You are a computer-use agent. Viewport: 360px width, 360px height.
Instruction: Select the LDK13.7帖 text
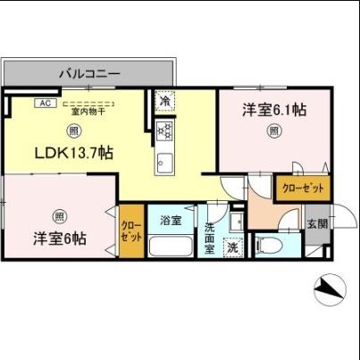click(73, 153)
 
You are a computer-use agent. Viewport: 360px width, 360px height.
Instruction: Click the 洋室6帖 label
click(61, 239)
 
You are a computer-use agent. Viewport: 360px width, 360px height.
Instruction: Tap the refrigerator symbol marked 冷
click(165, 101)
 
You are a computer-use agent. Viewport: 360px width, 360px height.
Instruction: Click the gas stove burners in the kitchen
click(165, 131)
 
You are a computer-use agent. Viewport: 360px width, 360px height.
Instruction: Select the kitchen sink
click(165, 163)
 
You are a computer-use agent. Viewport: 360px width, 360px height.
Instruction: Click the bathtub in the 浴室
click(170, 246)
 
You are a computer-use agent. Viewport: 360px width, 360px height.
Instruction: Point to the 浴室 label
click(170, 219)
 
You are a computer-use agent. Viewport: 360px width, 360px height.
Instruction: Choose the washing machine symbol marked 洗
click(232, 246)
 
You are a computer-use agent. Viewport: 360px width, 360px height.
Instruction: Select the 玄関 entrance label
click(317, 223)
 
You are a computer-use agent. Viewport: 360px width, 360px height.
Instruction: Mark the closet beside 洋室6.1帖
click(304, 188)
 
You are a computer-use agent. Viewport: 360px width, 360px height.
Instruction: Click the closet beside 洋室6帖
click(130, 231)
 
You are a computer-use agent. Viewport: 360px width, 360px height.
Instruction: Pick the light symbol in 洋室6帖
click(58, 215)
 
